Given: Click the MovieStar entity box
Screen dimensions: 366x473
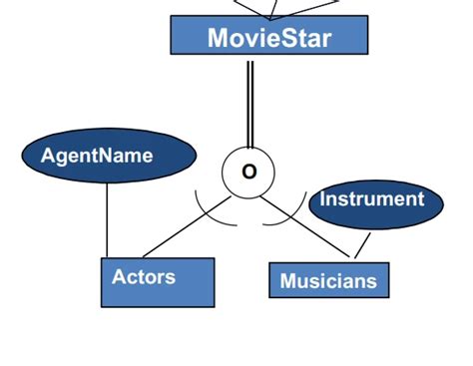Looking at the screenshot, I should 269,37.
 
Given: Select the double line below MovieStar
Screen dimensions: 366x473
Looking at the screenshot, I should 250,100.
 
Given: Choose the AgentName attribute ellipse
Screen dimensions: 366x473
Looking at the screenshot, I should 109,157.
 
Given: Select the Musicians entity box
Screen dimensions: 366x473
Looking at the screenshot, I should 328,280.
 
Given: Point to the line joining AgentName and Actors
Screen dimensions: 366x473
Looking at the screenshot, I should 107,219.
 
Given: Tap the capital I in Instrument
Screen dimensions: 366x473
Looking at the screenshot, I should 322,199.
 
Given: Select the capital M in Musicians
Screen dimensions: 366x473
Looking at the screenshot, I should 287,281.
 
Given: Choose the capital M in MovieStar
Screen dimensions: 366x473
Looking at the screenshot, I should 219,38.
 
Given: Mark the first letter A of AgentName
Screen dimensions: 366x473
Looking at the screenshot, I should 46,156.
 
